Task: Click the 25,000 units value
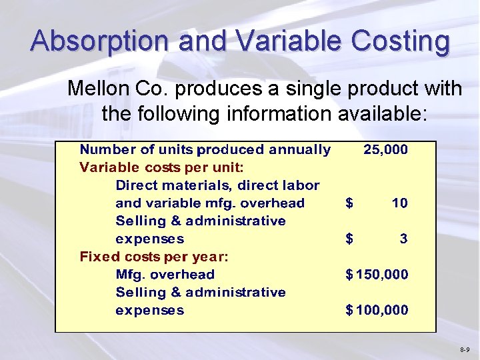pos(385,149)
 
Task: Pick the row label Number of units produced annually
pos(205,149)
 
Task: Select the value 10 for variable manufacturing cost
pos(399,203)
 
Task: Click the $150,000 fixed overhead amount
pos(377,274)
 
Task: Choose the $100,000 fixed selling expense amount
pos(377,310)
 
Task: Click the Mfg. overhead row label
pos(165,274)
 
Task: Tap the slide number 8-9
pos(465,350)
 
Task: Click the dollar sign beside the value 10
pos(349,203)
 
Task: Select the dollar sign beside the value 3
pos(349,238)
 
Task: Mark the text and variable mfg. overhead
pos(210,203)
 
